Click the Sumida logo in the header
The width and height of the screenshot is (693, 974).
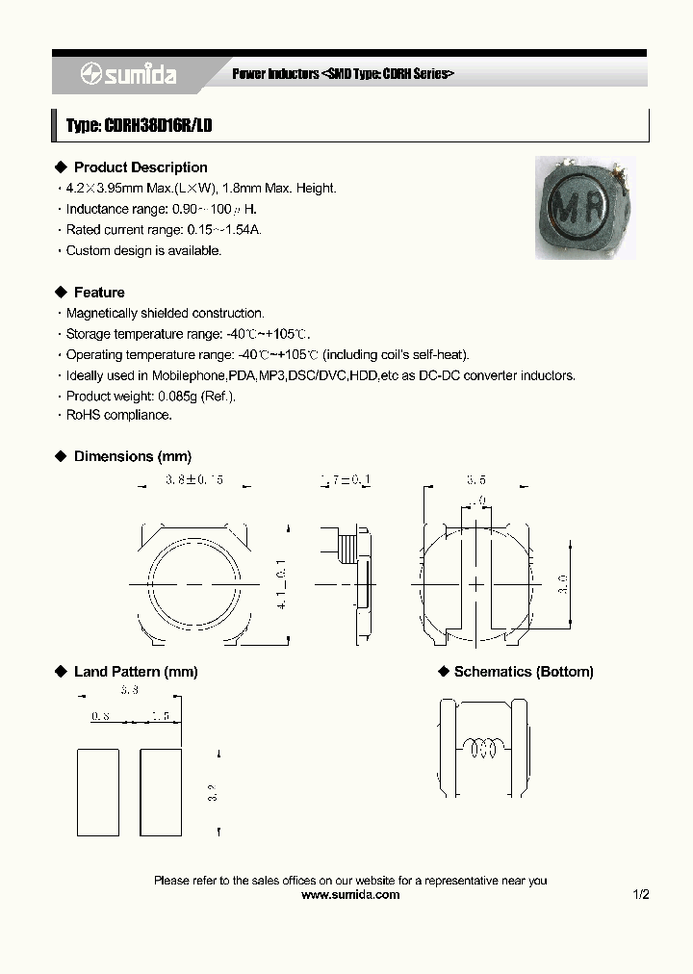coord(128,74)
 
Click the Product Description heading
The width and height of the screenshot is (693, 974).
coord(141,167)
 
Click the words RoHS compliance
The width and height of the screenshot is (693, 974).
coord(119,415)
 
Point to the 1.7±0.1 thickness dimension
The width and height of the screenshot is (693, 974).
coord(346,478)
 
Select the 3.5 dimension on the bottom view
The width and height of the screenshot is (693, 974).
coord(476,478)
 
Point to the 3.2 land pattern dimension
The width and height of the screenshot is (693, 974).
coord(213,791)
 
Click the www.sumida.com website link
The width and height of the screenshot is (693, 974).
coord(350,894)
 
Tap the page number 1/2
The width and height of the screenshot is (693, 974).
coord(641,894)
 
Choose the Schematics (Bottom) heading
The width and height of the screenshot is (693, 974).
coord(524,672)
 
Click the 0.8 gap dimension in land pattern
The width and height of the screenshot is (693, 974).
coord(99,716)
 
